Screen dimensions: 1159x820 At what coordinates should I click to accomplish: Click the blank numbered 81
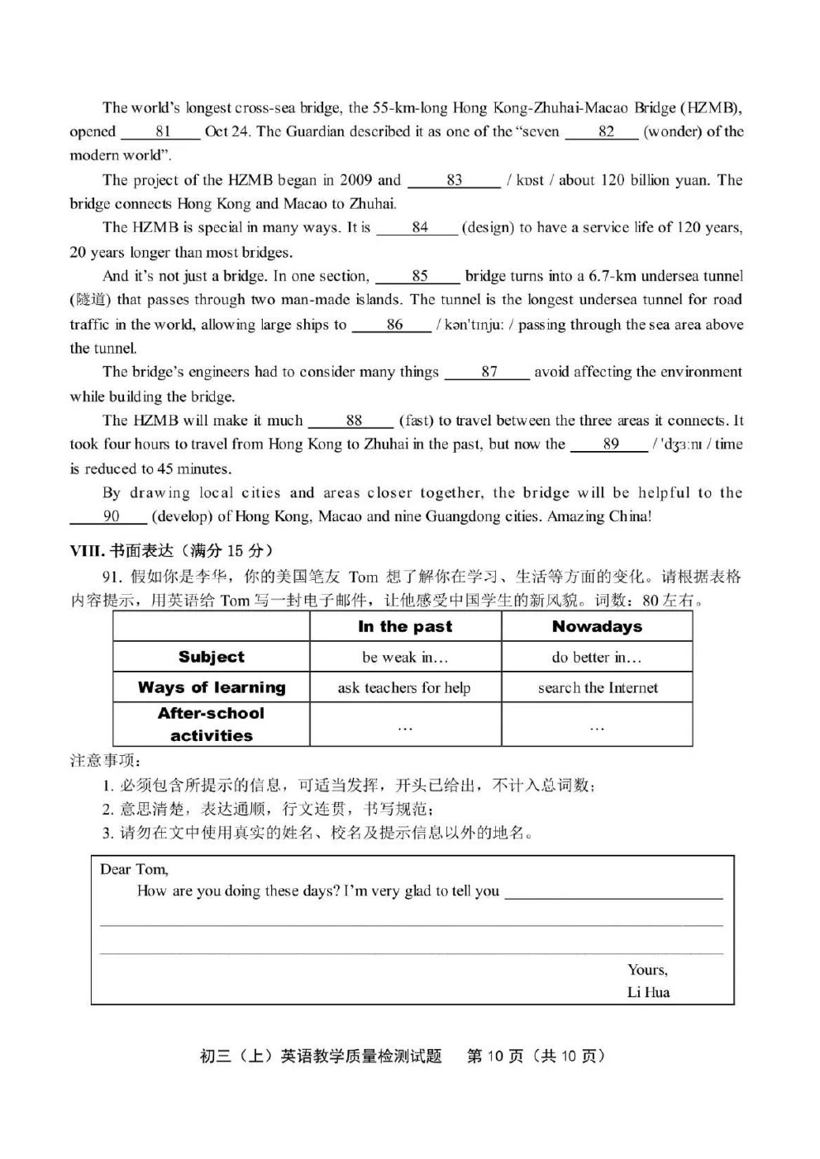click(x=161, y=132)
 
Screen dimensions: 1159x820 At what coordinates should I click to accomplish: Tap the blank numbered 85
click(x=418, y=277)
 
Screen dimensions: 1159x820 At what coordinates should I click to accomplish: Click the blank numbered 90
click(x=109, y=517)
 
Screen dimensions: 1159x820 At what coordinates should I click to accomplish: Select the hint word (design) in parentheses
click(x=488, y=228)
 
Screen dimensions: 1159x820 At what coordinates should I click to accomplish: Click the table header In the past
click(x=405, y=627)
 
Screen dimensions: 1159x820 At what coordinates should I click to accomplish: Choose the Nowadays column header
click(x=597, y=627)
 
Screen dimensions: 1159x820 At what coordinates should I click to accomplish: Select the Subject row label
click(x=212, y=657)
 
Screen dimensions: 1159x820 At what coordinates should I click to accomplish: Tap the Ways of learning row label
click(x=212, y=687)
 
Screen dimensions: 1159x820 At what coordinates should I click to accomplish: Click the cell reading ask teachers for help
click(x=405, y=687)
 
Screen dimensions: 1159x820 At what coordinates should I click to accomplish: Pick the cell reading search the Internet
click(x=597, y=687)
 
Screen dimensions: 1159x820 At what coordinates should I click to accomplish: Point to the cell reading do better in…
click(x=597, y=658)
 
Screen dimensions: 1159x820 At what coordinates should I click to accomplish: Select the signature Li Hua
click(x=648, y=992)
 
